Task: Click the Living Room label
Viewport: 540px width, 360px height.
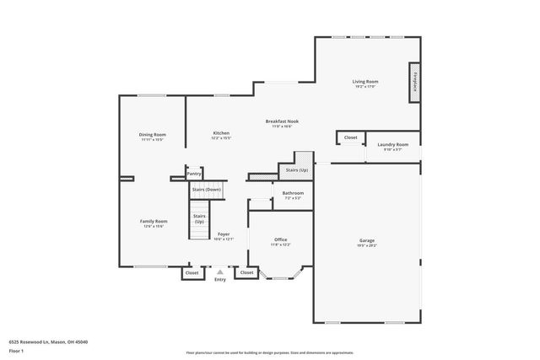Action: coord(364,82)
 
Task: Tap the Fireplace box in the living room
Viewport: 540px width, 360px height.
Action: coord(415,83)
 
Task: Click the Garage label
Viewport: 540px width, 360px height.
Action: coord(367,241)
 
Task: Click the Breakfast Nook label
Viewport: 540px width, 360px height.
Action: coord(282,121)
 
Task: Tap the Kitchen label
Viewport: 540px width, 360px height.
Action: coord(221,133)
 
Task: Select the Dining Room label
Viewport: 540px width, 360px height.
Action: coord(152,135)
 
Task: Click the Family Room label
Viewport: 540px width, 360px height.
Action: coord(153,222)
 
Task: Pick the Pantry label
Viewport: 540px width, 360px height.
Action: coord(194,175)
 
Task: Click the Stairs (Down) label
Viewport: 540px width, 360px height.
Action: coord(207,190)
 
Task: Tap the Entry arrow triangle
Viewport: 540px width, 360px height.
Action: coord(220,271)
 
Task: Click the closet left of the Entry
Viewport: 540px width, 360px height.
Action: coord(192,273)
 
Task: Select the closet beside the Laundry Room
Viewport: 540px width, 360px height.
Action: coord(350,137)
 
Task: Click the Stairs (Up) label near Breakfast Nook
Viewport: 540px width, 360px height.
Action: coord(297,170)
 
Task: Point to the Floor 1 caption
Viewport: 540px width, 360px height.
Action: coord(17,350)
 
